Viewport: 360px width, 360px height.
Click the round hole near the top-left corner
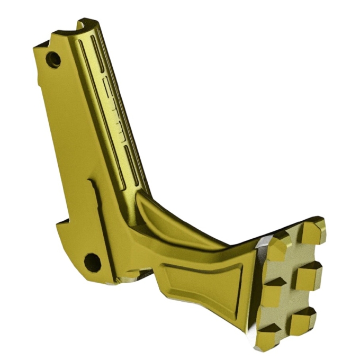click(53, 59)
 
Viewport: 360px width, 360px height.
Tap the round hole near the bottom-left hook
click(92, 262)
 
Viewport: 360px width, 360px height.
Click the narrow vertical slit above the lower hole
click(96, 212)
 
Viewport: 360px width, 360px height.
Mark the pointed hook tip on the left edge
click(57, 223)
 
